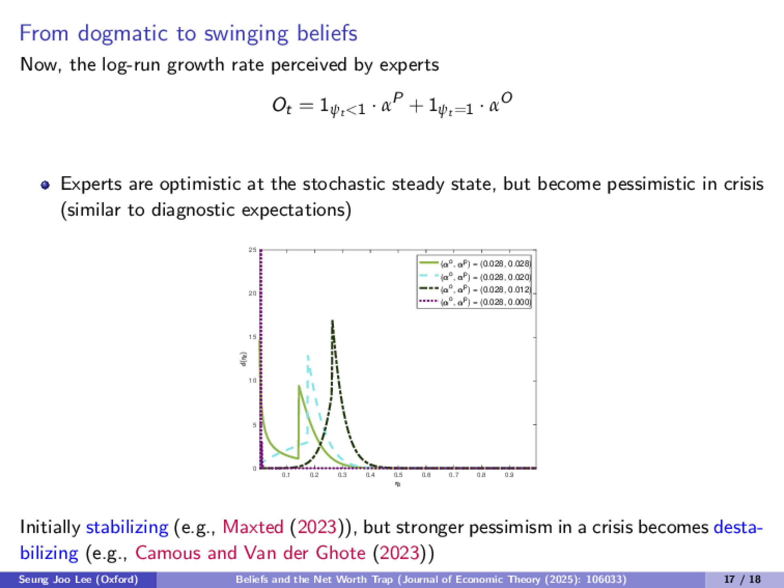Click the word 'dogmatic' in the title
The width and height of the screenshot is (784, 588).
(122, 34)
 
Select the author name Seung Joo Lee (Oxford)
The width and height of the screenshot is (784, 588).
(78, 580)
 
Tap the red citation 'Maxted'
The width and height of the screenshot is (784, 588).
(253, 527)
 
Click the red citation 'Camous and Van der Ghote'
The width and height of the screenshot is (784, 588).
(250, 553)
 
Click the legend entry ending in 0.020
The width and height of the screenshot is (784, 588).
(485, 277)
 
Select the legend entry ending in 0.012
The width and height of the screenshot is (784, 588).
(485, 289)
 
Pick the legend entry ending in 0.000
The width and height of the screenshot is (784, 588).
(485, 302)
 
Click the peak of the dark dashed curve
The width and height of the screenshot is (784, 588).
(332, 321)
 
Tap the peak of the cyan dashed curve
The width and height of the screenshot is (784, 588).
(308, 355)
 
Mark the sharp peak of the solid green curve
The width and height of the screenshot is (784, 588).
(299, 386)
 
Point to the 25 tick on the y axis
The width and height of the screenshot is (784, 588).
(253, 250)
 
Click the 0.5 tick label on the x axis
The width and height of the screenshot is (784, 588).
(398, 475)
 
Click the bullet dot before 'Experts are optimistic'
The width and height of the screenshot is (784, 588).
(45, 185)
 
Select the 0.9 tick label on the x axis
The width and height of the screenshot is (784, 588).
(509, 475)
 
